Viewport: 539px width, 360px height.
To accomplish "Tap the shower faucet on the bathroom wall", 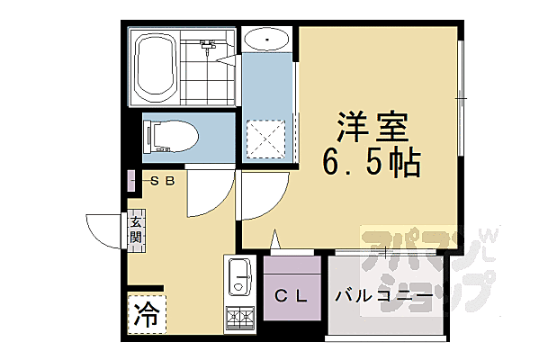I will tap(208, 45).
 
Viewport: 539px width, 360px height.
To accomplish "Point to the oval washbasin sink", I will tap(265, 40).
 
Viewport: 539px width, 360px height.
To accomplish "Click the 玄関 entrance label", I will tap(135, 229).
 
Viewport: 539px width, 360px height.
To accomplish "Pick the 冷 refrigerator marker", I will tap(144, 314).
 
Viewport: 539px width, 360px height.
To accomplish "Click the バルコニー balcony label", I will tap(382, 295).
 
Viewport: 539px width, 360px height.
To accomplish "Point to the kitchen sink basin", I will tap(239, 276).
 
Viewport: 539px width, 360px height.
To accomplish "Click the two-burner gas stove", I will tap(239, 319).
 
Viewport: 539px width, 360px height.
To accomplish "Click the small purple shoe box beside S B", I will tap(131, 181).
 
